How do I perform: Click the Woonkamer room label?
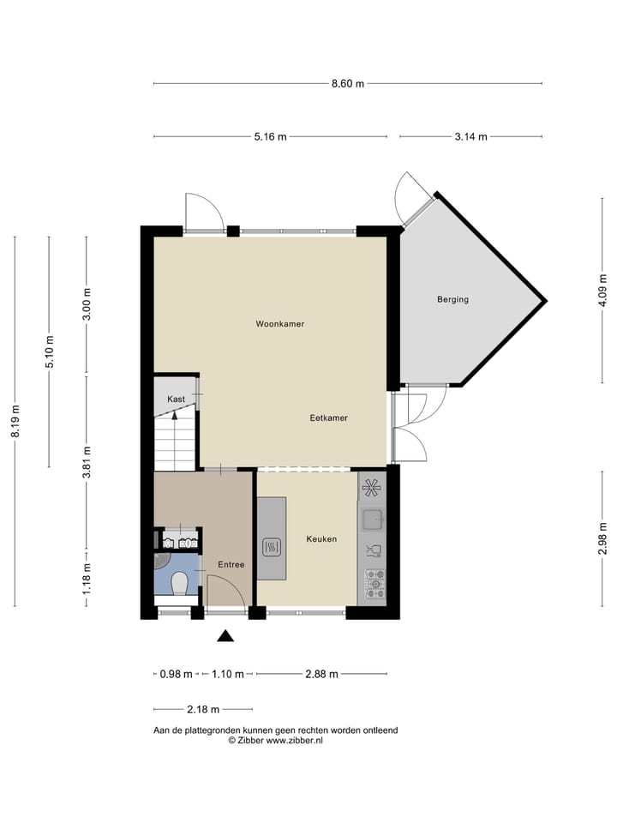(279, 324)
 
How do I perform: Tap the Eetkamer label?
(328, 418)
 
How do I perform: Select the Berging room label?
(452, 299)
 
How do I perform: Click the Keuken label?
(321, 539)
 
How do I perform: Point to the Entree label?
(231, 564)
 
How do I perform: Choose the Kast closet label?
(176, 399)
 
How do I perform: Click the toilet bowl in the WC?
(179, 584)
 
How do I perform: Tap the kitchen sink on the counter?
(372, 519)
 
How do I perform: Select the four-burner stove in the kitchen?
(373, 583)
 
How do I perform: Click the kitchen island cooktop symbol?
(271, 546)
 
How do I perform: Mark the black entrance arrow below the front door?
(225, 635)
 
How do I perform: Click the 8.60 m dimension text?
(347, 83)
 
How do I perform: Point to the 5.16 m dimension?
(270, 136)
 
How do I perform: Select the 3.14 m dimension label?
(470, 136)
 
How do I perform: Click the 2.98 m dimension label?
(602, 536)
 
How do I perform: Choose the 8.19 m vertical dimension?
(15, 422)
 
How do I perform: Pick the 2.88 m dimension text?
(321, 674)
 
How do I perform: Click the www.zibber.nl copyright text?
(274, 740)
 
